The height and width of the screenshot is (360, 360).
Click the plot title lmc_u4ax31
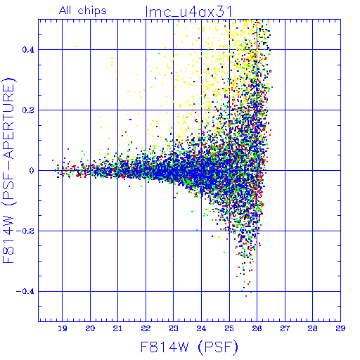click(x=188, y=12)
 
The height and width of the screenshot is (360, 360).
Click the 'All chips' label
click(x=83, y=11)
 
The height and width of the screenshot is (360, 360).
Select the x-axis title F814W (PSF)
click(x=189, y=347)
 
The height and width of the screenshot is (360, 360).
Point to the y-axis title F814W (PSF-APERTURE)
click(x=8, y=170)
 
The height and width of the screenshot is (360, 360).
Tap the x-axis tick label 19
click(x=63, y=328)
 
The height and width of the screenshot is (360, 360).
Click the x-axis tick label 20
click(x=90, y=328)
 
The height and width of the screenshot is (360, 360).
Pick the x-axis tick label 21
click(x=117, y=328)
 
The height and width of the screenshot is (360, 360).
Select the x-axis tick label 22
click(x=146, y=328)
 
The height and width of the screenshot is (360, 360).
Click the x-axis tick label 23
click(x=174, y=328)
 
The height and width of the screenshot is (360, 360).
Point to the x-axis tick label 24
click(x=201, y=328)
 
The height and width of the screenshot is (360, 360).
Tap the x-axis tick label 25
click(x=229, y=328)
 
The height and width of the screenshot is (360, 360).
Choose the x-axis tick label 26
click(x=257, y=328)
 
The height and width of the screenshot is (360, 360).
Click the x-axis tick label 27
click(x=285, y=328)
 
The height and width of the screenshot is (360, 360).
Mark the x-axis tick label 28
click(x=313, y=328)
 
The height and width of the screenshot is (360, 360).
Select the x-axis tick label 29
click(x=340, y=328)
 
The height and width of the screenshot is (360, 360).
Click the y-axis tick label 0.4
click(x=28, y=50)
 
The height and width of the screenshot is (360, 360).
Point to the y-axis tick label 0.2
click(x=28, y=110)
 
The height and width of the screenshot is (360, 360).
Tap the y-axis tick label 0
click(x=32, y=171)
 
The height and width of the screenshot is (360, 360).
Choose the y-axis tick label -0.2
click(x=25, y=231)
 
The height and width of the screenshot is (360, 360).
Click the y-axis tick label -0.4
click(x=25, y=292)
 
